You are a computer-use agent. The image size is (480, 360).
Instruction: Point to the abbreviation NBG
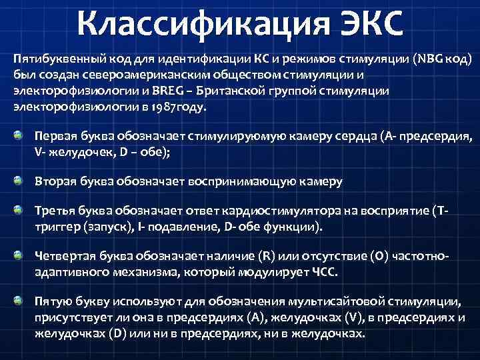pyautogui.click(x=427, y=59)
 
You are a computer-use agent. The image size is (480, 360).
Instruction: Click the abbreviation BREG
pyautogui.click(x=153, y=90)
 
